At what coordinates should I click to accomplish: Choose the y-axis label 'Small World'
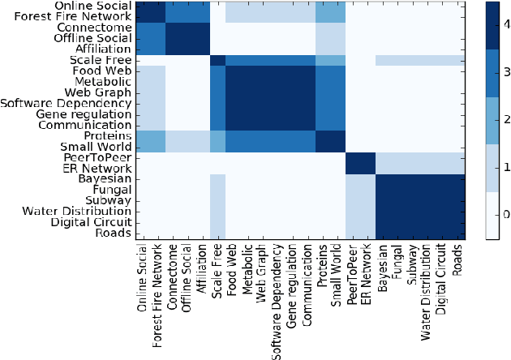(101, 147)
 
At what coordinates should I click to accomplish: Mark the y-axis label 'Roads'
(118, 233)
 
